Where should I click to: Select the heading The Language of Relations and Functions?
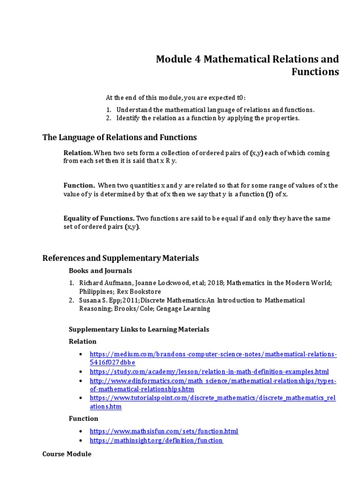pyautogui.click(x=120, y=137)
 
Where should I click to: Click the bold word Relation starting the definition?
pyautogui.click(x=77, y=153)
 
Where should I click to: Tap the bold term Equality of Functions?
pyautogui.click(x=99, y=218)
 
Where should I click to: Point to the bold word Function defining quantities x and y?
pyautogui.click(x=79, y=186)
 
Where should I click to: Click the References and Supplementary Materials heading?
pyautogui.click(x=120, y=258)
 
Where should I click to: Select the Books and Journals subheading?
pyautogui.click(x=100, y=270)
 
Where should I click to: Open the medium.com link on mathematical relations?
pyautogui.click(x=213, y=354)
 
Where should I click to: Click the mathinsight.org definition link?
pyautogui.click(x=156, y=441)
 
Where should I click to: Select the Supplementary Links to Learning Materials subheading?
pyautogui.click(x=139, y=329)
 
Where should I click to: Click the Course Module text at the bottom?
pyautogui.click(x=67, y=454)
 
